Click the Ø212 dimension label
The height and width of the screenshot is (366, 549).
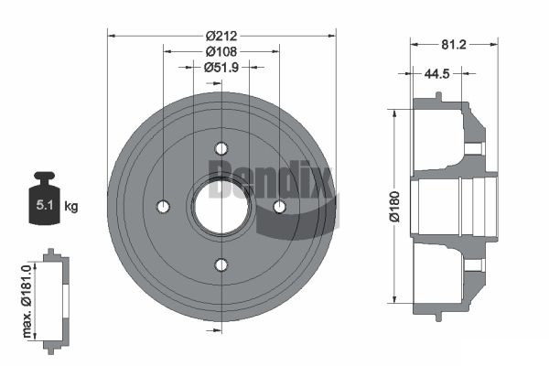click(x=221, y=36)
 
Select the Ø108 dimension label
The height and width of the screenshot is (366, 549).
click(x=221, y=51)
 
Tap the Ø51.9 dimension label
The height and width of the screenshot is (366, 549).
click(x=221, y=67)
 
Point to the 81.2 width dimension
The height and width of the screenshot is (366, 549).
click(x=454, y=45)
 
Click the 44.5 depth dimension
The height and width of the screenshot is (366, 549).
click(x=436, y=73)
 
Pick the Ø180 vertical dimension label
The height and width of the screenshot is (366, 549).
click(x=394, y=207)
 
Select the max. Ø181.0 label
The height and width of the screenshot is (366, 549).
click(x=27, y=301)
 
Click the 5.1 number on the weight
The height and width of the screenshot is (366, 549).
click(x=45, y=205)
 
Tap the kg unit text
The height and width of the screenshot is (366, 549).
click(x=71, y=206)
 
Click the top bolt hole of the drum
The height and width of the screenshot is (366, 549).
click(x=221, y=149)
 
